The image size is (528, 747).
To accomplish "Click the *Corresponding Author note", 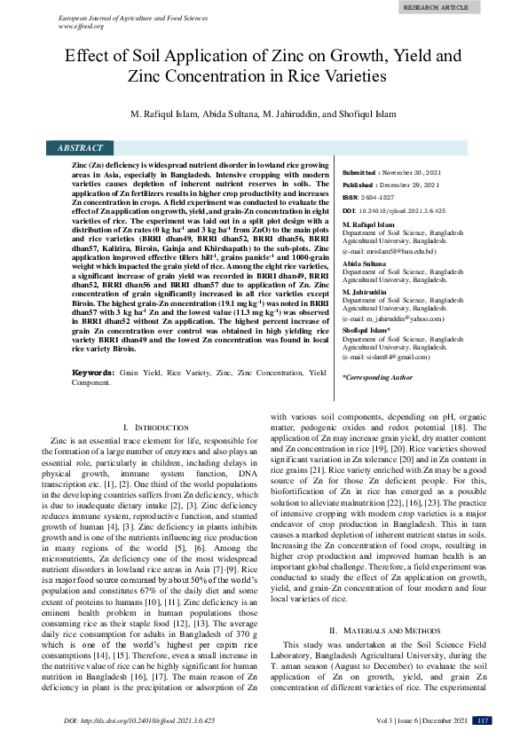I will click(x=377, y=377).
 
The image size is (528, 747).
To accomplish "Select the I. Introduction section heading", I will click(x=155, y=428).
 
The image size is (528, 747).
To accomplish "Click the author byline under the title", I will click(x=264, y=116).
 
